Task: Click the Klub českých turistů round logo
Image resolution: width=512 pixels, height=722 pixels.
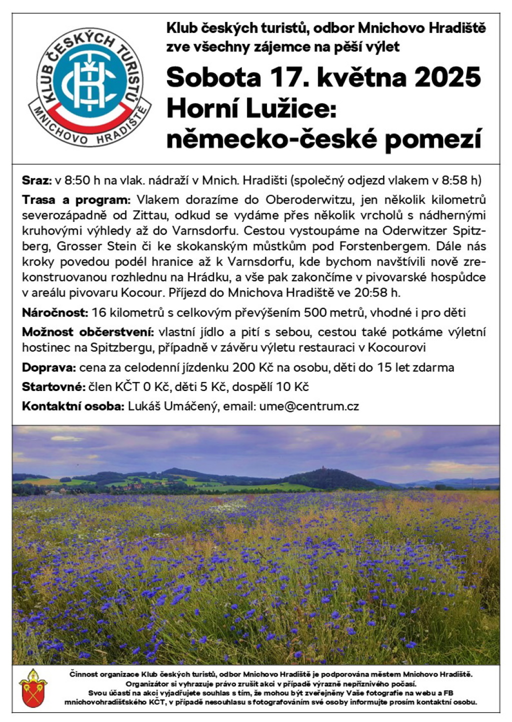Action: [89, 88]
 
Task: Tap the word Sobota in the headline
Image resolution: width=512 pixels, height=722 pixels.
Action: [213, 77]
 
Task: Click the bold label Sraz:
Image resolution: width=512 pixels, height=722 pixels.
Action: [36, 180]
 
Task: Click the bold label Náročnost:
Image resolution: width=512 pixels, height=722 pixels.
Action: [55, 313]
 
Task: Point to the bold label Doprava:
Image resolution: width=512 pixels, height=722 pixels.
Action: [49, 367]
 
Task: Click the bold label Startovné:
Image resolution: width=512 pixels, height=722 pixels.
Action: [53, 387]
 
